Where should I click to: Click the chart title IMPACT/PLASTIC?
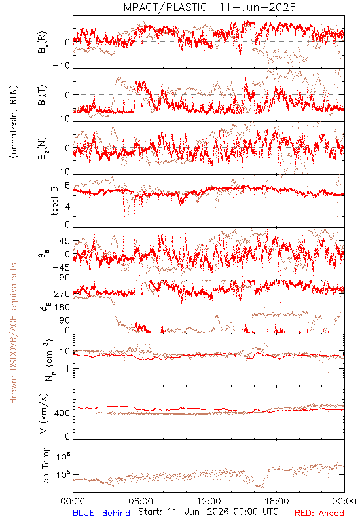(x=164, y=7)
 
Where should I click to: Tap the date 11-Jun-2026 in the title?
(x=257, y=7)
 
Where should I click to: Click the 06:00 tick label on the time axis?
(x=141, y=501)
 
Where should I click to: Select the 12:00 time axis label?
(x=209, y=501)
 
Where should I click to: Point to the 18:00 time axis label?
(x=277, y=501)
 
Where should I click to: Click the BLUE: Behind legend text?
(x=101, y=513)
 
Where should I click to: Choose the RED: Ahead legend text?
(x=319, y=513)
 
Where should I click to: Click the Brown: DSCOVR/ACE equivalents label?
(x=13, y=333)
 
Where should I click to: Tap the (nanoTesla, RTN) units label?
(x=14, y=122)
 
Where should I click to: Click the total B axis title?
(x=54, y=200)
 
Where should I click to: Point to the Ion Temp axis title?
(x=45, y=466)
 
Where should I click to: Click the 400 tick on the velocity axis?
(x=62, y=413)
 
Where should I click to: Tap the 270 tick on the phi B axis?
(x=62, y=294)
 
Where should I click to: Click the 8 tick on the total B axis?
(x=67, y=186)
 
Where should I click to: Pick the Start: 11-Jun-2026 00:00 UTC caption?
(x=208, y=512)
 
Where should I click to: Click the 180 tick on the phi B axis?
(x=62, y=307)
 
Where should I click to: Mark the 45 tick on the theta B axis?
(x=65, y=241)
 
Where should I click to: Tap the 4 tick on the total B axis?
(x=67, y=206)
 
